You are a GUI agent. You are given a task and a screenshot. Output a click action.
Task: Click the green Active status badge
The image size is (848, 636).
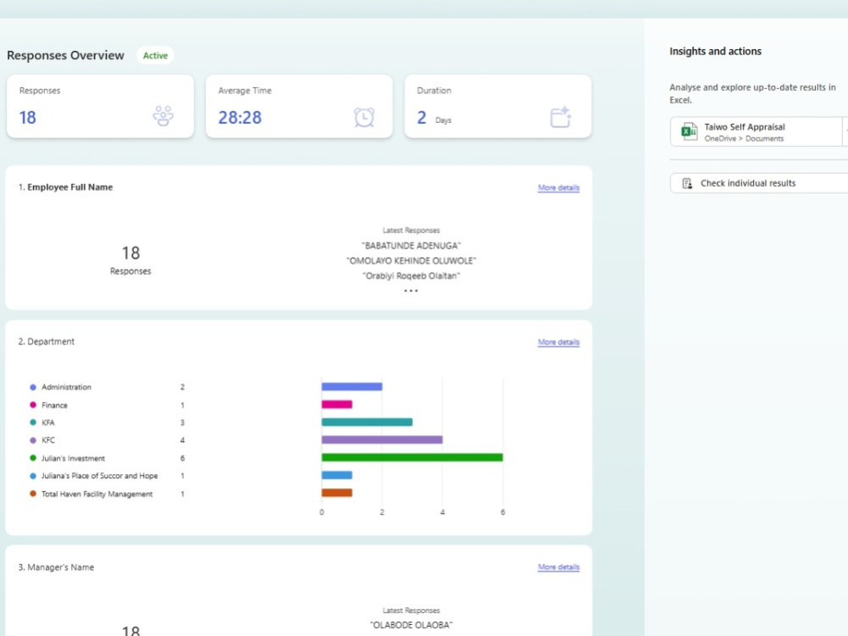tap(155, 55)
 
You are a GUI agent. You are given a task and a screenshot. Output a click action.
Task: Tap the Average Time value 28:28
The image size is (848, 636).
tap(240, 117)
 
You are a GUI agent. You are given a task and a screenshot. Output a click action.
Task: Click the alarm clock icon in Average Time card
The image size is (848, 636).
tap(364, 117)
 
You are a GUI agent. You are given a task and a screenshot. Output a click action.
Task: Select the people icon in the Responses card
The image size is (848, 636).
tap(163, 115)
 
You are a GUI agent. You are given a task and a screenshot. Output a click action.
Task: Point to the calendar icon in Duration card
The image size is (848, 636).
tap(561, 117)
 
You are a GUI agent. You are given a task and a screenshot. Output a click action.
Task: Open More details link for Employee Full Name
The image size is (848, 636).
tap(559, 187)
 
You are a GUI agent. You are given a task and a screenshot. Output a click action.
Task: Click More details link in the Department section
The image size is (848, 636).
tap(559, 342)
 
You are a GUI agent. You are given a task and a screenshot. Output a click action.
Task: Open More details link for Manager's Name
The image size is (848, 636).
tap(559, 566)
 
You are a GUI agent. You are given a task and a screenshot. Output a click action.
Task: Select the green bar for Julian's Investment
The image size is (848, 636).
tap(412, 458)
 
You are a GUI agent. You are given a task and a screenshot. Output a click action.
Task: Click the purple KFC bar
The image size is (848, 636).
tap(382, 439)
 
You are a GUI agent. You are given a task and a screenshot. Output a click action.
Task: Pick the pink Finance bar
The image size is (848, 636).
tap(337, 404)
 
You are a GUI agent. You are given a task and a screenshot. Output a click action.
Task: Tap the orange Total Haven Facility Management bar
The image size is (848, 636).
tap(337, 493)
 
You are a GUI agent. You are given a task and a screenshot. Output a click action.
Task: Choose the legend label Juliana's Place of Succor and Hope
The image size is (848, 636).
tap(99, 476)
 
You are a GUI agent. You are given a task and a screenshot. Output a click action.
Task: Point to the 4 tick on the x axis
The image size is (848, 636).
tap(443, 512)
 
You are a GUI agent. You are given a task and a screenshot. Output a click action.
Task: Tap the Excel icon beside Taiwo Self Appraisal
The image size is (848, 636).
tap(689, 131)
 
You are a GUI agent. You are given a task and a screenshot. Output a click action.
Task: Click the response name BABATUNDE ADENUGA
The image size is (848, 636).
tap(411, 246)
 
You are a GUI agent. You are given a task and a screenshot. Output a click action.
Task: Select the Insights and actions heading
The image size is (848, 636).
tap(715, 52)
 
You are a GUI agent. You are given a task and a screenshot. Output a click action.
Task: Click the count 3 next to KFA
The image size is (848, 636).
tap(182, 422)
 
